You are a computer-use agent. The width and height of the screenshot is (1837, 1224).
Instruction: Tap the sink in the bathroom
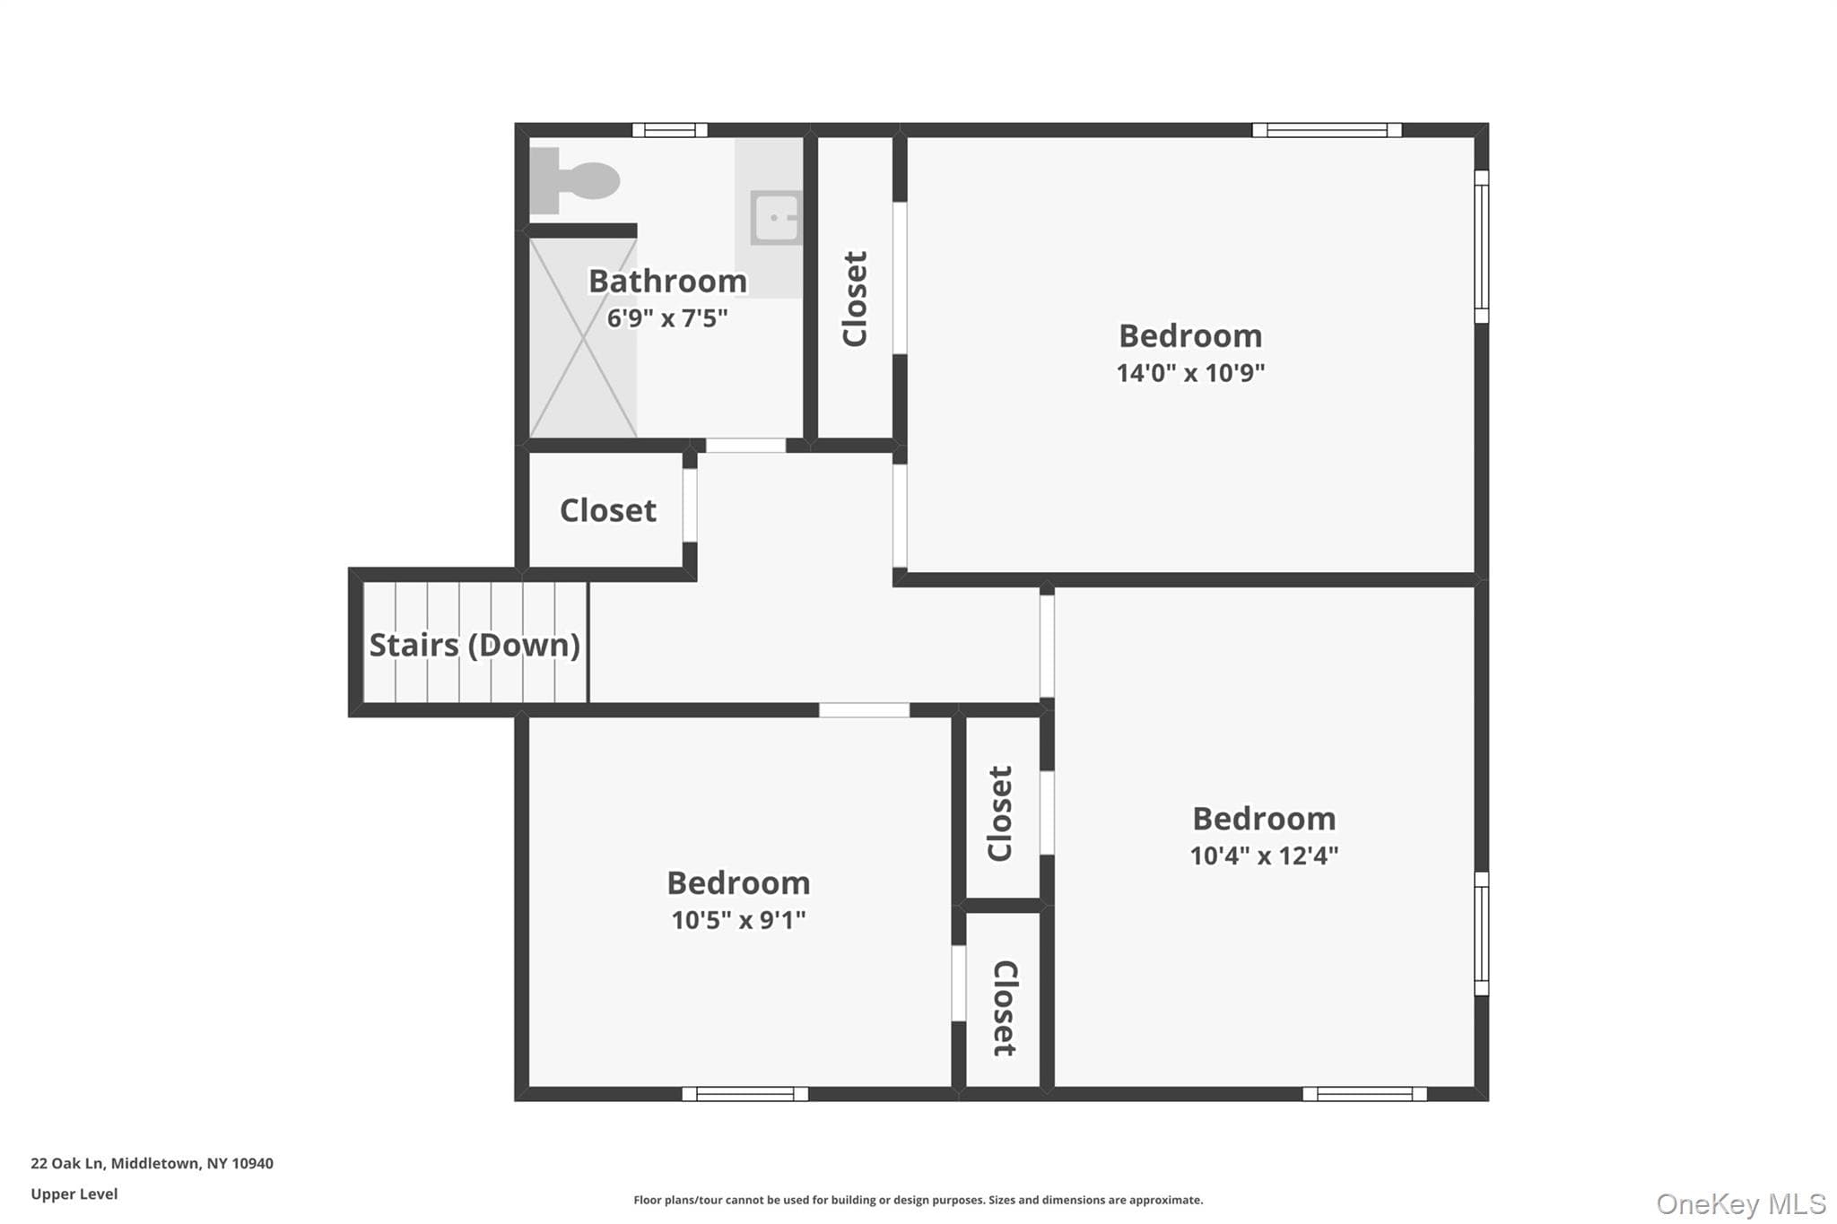(x=776, y=217)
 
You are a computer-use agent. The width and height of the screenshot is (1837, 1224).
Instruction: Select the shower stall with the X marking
(x=583, y=338)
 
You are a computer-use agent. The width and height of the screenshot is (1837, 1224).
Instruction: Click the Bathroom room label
(x=667, y=281)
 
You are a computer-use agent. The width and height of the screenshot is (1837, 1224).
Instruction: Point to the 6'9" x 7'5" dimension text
(x=667, y=317)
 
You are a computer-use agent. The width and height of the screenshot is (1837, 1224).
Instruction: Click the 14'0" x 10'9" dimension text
(x=1190, y=372)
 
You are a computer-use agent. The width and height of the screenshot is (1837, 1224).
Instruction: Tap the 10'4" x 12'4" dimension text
(x=1264, y=855)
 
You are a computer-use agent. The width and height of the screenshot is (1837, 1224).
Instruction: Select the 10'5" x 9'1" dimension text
(x=738, y=919)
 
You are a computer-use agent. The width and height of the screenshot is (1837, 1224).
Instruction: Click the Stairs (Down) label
(x=474, y=645)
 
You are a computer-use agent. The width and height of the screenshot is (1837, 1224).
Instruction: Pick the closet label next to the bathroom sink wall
(x=854, y=299)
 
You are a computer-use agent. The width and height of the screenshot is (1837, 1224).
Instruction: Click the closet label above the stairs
(x=608, y=510)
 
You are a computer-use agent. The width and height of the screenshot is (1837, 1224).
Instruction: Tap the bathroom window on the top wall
(x=670, y=130)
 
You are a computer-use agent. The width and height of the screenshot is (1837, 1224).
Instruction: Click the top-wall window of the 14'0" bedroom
(x=1327, y=130)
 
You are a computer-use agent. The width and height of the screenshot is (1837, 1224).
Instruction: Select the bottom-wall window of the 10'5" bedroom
(x=744, y=1094)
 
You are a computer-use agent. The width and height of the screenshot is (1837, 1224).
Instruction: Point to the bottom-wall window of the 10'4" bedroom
(x=1364, y=1094)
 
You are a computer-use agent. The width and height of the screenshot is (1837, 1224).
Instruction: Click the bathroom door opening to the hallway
(x=745, y=445)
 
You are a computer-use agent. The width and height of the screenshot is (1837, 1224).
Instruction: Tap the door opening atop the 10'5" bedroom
(x=864, y=710)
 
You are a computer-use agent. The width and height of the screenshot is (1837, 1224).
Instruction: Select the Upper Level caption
(x=74, y=1194)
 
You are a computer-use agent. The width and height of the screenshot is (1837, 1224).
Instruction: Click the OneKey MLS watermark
(x=1741, y=1203)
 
